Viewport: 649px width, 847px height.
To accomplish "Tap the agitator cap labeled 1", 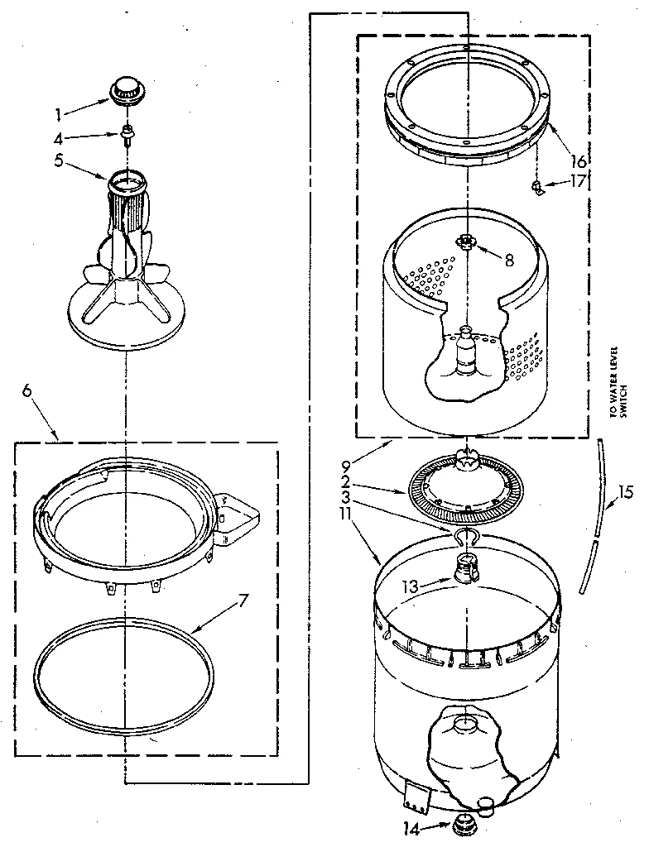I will (127, 89).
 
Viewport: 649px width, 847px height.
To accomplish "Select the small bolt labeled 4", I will (128, 132).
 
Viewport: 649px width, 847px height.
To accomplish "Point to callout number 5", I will (58, 161).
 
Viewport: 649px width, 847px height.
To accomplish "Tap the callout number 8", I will (508, 259).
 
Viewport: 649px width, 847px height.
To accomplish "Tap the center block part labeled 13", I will (467, 569).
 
